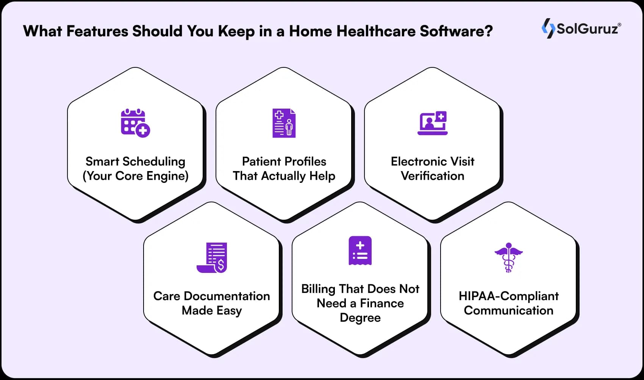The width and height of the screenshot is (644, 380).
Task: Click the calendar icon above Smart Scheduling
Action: pyautogui.click(x=133, y=122)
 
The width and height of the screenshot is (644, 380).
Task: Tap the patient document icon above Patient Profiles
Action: pyautogui.click(x=284, y=123)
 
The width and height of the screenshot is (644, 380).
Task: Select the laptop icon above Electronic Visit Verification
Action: pyautogui.click(x=433, y=123)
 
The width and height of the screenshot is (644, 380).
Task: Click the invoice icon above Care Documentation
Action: pyautogui.click(x=212, y=257)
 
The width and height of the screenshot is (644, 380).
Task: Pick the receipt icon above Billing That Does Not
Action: pyautogui.click(x=360, y=251)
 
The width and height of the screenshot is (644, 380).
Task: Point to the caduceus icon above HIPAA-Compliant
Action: pyautogui.click(x=508, y=257)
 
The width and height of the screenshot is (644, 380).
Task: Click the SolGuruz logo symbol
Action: pyautogui.click(x=548, y=28)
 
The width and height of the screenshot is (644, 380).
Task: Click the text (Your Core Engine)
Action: pyautogui.click(x=136, y=176)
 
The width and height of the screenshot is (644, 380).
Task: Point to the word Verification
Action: pyautogui.click(x=432, y=176)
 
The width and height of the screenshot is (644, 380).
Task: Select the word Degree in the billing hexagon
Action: pyautogui.click(x=360, y=318)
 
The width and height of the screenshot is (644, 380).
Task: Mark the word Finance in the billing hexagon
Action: pyautogui.click(x=381, y=303)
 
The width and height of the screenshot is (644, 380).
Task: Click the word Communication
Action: pyautogui.click(x=508, y=310)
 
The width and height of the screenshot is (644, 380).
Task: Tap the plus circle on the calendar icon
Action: pyautogui.click(x=143, y=131)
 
